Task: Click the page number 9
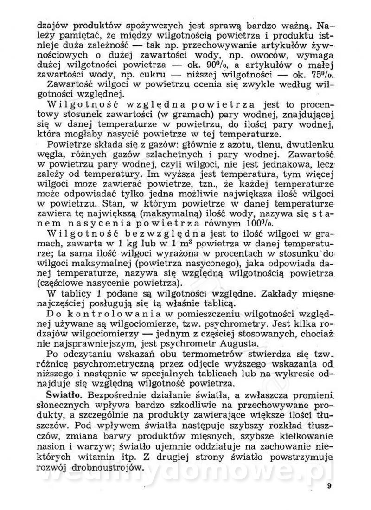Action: (x=328, y=486)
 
